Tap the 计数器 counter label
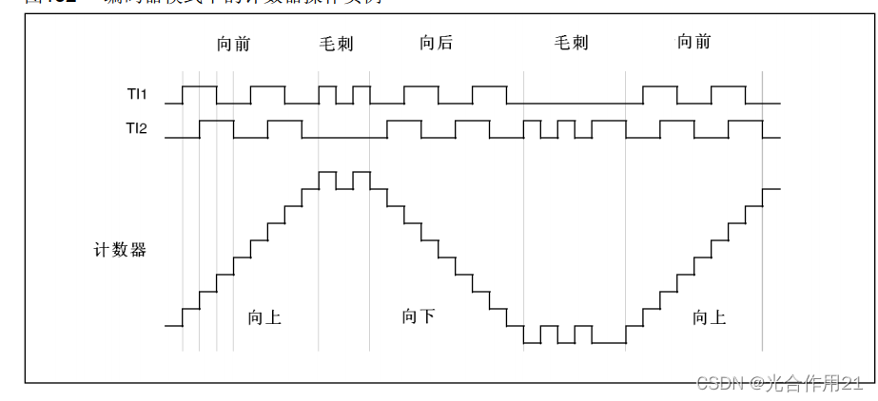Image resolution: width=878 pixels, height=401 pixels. coord(120,250)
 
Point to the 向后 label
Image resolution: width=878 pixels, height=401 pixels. coord(436,42)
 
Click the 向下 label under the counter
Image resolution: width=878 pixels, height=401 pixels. coord(419,316)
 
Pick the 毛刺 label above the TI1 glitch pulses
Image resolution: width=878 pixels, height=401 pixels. coord(336,43)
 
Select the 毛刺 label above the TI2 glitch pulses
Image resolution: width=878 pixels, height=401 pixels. coord(572,43)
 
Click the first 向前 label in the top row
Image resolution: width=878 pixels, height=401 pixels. coord(233,43)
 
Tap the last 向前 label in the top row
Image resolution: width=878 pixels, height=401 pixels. coord(693,42)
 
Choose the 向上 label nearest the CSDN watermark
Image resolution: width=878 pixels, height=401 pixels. coord(709,317)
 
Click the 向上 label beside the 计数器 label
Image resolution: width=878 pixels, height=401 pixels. coord(263,317)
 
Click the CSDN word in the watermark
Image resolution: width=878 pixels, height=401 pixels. coord(719,383)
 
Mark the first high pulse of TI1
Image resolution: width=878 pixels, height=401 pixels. coord(200,86)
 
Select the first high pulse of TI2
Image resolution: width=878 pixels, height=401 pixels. coord(217,121)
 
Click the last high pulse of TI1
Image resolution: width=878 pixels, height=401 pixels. coord(729,86)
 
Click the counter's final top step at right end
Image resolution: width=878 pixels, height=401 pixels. coord(771,188)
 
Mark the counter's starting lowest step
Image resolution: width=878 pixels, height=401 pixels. coord(173,325)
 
